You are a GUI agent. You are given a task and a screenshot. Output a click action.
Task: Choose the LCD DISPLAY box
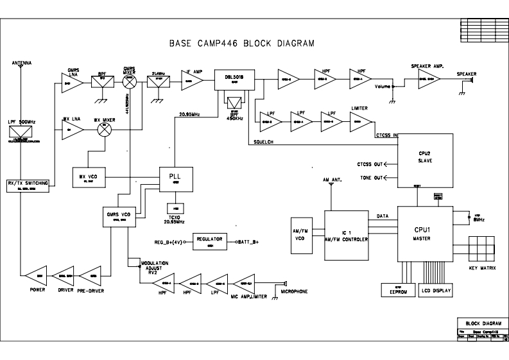coord(436,291)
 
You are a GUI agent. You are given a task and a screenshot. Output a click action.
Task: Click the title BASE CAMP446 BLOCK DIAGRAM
coord(241,44)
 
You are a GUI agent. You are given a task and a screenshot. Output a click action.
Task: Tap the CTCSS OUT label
coord(370,164)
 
